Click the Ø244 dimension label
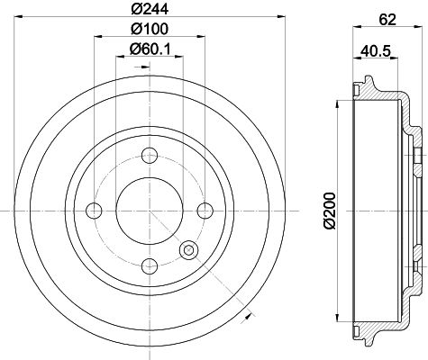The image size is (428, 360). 150,9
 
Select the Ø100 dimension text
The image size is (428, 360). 150,29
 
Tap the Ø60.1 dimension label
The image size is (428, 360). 150,49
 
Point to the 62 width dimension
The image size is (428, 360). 387,20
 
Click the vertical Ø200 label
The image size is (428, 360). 330,211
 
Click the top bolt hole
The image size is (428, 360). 150,156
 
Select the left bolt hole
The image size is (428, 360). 94,211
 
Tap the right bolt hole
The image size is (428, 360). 205,211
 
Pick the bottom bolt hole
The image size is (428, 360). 150,266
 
